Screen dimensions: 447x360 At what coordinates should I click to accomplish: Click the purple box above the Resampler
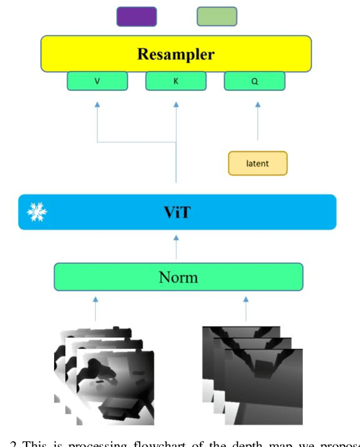click(x=137, y=17)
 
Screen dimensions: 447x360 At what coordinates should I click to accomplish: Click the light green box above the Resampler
click(x=217, y=17)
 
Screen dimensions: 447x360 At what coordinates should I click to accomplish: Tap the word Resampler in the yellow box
click(x=176, y=54)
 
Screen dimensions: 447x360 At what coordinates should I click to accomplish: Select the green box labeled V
click(x=97, y=81)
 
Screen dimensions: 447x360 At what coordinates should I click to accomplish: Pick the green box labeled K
click(x=176, y=81)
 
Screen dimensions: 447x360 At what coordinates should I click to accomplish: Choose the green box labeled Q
click(x=254, y=81)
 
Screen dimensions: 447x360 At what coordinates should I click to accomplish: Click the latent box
click(x=258, y=163)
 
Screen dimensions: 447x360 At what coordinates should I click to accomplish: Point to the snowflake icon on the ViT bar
click(x=37, y=212)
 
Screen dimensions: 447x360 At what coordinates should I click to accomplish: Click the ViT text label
click(x=176, y=212)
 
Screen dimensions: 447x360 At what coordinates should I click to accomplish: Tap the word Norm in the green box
click(x=178, y=277)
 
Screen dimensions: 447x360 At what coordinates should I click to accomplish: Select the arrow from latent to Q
click(x=258, y=121)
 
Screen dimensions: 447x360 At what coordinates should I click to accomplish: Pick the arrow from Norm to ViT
click(x=176, y=246)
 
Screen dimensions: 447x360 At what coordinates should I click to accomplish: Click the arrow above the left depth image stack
click(x=96, y=308)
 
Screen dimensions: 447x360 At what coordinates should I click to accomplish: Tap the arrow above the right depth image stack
click(x=246, y=308)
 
